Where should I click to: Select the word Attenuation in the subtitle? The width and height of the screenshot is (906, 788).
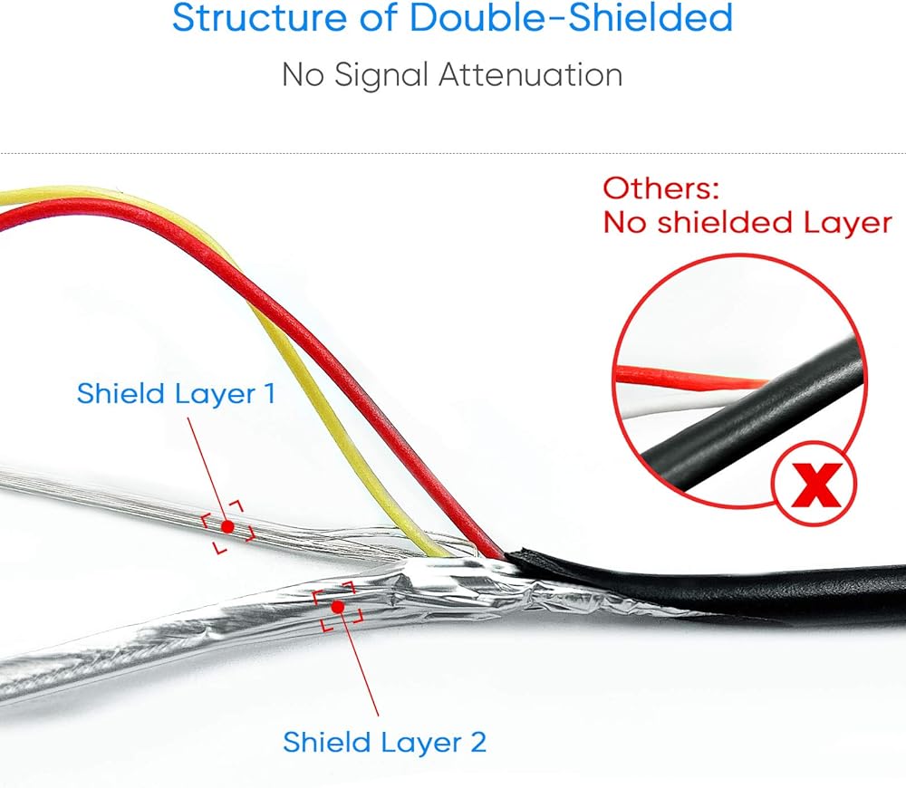531,74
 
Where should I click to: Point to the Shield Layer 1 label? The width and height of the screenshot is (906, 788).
176,394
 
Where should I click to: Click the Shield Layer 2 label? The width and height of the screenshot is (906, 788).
384,742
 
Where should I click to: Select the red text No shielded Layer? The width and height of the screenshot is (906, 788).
747,222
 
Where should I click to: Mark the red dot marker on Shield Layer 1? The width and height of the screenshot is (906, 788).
227,526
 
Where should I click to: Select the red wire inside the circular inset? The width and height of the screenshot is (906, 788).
689,376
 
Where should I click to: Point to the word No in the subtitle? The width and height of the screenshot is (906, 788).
303,74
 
